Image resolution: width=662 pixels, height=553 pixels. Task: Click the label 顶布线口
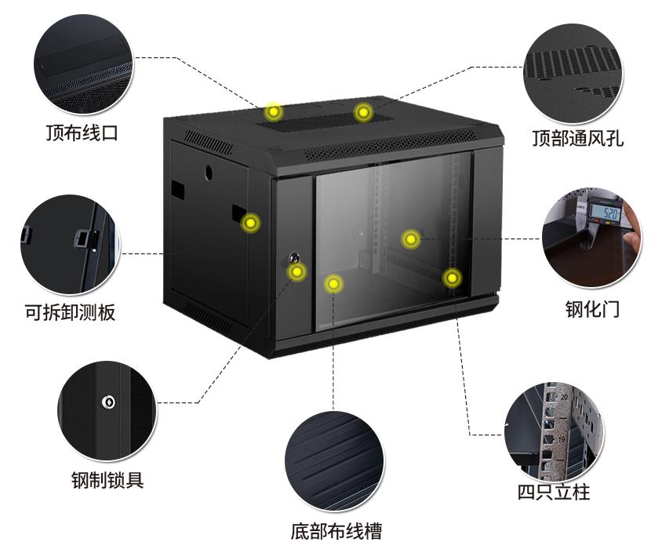coord(82,133)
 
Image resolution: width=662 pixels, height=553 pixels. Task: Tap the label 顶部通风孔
coord(577,138)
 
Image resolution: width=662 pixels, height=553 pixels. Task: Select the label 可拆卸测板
coord(70,313)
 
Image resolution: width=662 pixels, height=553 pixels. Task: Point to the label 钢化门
coord(592,309)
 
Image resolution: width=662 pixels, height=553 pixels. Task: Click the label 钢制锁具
coord(107,480)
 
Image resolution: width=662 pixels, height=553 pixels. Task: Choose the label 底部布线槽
coord(336,531)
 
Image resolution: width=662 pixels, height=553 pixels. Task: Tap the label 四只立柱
coord(554,492)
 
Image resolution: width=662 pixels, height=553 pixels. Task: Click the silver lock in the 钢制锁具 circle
coord(109,402)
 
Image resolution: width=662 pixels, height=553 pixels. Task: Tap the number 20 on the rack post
coord(565,397)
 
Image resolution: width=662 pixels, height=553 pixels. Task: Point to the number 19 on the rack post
coord(562,439)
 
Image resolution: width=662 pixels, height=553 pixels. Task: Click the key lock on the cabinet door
coord(294,257)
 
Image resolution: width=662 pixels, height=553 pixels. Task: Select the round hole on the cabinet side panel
coord(209,173)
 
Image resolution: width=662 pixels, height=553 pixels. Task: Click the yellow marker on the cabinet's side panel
coord(250,223)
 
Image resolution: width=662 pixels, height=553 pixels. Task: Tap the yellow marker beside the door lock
coord(296,271)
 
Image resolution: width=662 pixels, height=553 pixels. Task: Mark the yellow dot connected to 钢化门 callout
coord(410,239)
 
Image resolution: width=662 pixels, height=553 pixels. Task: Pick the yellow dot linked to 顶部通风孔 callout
coord(363,113)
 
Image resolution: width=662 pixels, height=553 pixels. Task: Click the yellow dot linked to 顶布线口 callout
coord(274,112)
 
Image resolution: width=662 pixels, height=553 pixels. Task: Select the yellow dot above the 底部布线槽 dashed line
coord(333,284)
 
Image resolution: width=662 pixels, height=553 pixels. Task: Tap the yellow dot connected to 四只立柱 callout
coord(452,278)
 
